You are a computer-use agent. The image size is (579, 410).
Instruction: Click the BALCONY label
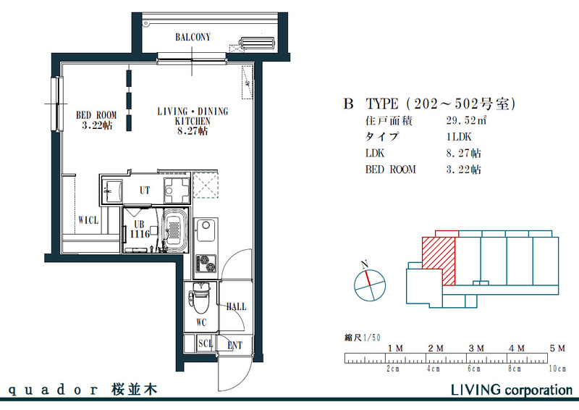[x=193, y=37]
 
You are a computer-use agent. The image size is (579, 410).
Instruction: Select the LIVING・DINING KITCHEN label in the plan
[x=193, y=121]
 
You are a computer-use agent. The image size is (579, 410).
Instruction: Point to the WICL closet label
[x=88, y=219]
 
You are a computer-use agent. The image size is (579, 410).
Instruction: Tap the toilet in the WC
[x=200, y=299]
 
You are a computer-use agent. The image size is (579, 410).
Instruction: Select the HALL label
[x=236, y=306]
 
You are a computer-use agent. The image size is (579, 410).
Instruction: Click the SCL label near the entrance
[x=206, y=344]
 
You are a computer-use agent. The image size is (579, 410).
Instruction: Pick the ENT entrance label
[x=235, y=345]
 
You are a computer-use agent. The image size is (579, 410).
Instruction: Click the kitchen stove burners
[x=206, y=262]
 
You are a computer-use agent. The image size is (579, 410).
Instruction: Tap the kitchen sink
[x=206, y=230]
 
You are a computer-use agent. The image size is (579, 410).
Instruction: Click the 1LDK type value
[x=460, y=137]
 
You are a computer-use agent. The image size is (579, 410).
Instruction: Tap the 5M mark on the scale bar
[x=557, y=348]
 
